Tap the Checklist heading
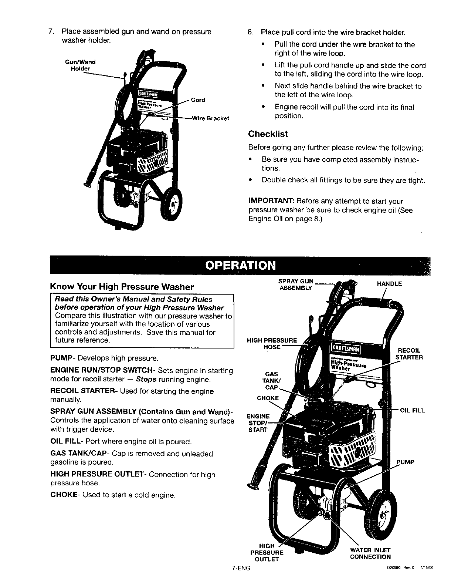268,134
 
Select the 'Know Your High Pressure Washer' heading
122,287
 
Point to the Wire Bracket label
210,119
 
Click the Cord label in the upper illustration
198,100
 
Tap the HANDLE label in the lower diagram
389,284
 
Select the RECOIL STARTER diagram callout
409,354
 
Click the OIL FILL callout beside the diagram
413,410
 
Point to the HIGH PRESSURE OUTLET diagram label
267,553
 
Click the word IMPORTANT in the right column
271,202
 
